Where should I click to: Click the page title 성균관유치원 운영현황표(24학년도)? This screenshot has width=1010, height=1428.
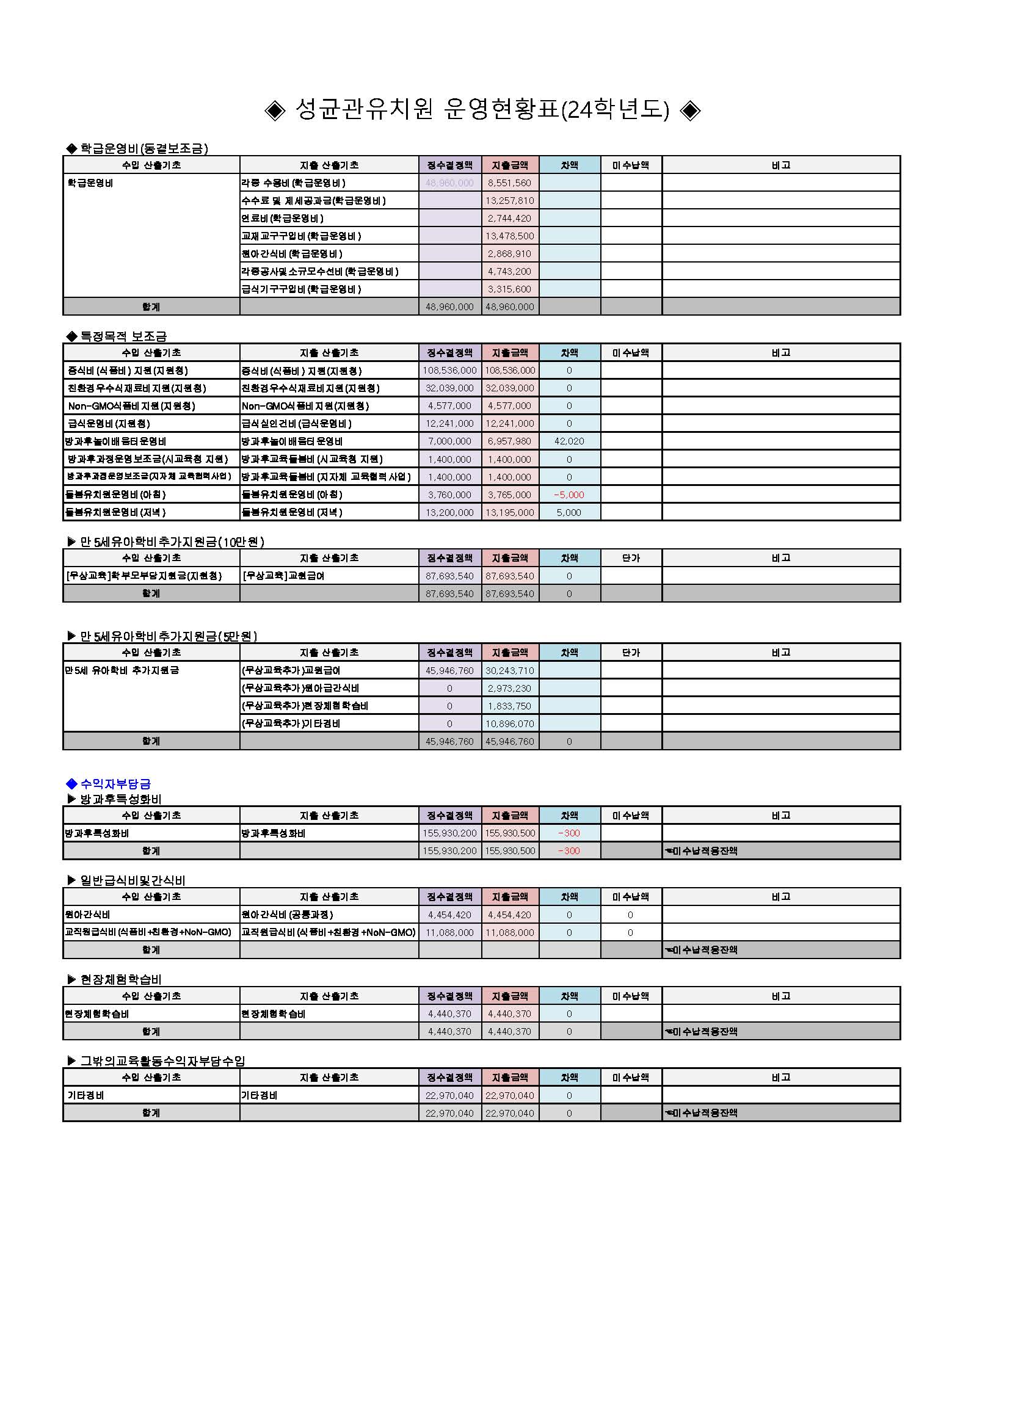click(x=482, y=110)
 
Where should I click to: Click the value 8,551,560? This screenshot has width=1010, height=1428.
click(x=509, y=183)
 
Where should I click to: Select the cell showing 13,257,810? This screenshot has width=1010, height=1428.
click(x=509, y=200)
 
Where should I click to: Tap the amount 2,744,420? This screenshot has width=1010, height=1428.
click(x=509, y=219)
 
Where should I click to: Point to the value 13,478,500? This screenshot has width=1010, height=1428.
click(x=509, y=236)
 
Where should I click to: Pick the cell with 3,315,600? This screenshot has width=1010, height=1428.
click(x=509, y=289)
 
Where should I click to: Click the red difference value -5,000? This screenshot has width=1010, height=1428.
click(x=569, y=495)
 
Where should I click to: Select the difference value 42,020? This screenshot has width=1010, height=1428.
click(x=569, y=441)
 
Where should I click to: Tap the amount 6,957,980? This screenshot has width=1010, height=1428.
click(x=509, y=441)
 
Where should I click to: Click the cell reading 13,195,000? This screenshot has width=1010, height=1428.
click(x=509, y=512)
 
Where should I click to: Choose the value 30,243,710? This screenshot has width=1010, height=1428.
click(x=509, y=670)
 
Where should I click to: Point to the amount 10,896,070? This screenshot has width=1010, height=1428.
click(x=509, y=724)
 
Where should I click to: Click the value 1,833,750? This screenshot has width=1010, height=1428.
click(x=509, y=706)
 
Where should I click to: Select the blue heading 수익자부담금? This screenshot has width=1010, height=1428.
click(x=115, y=784)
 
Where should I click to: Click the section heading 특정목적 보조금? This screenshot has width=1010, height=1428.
click(x=123, y=336)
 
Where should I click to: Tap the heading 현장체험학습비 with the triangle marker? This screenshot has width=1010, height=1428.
click(x=121, y=979)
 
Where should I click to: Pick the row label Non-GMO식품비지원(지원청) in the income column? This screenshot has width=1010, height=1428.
click(x=131, y=406)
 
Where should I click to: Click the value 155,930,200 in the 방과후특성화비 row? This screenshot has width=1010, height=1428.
click(x=449, y=833)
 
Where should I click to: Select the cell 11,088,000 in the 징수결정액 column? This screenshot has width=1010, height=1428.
click(x=449, y=932)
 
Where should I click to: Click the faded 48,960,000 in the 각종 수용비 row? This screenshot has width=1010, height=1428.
click(x=449, y=183)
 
